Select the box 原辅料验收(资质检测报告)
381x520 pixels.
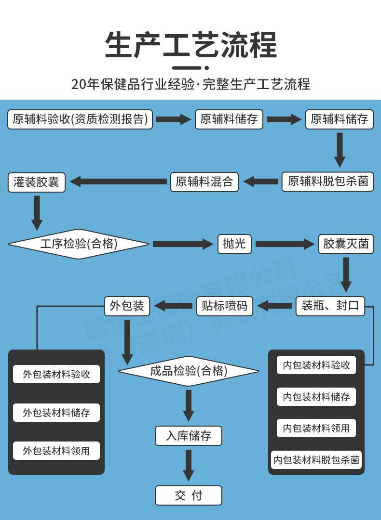point(80,119)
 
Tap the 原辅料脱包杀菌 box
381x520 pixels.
point(328,182)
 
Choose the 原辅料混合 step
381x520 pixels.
point(204,182)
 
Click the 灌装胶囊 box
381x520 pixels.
point(37,182)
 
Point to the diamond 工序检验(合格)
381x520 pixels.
point(79,244)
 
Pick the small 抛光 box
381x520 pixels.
point(234,244)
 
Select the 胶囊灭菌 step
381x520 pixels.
point(346,244)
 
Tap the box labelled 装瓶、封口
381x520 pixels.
point(330,306)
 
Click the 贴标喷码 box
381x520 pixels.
point(224,306)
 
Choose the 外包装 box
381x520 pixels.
point(127,306)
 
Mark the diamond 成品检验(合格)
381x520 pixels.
point(189,371)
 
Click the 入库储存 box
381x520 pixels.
point(189,436)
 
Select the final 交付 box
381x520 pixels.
point(189,495)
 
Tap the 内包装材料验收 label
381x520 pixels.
point(316,365)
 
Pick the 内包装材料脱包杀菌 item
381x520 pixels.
point(316,460)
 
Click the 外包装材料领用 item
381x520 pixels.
point(56,451)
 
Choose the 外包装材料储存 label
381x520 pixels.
point(56,413)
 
